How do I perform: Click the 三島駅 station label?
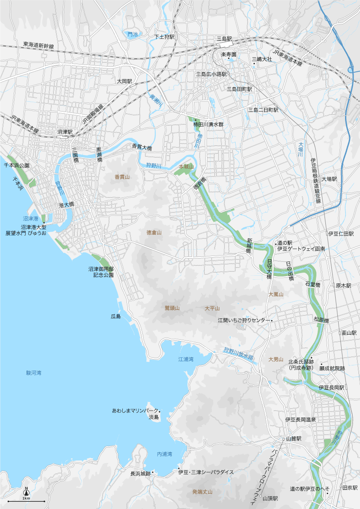[224, 39]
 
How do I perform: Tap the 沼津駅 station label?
[65, 132]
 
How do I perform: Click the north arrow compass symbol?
[26, 492]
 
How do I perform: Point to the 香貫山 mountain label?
[122, 177]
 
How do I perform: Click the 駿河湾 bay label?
[33, 373]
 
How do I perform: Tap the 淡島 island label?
[153, 417]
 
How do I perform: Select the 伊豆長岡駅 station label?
[331, 387]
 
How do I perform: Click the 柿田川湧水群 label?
[208, 125]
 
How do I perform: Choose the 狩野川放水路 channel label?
[239, 353]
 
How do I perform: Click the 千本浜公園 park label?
[17, 165]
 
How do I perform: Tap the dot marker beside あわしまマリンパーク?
[160, 411]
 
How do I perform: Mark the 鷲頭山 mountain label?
[172, 308]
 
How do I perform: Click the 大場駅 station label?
[329, 179]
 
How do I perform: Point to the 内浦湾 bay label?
[164, 454]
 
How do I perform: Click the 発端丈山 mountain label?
[202, 492]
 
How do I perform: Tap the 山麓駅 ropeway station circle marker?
[283, 439]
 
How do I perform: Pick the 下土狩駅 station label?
[165, 38]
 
